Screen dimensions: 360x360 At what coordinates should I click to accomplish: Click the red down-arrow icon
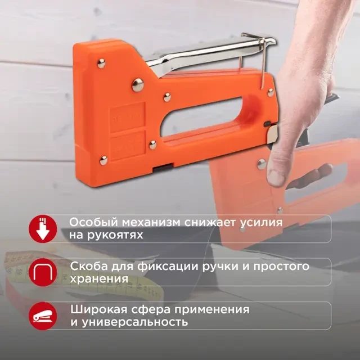[43, 229]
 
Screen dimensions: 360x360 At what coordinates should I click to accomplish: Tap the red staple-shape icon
[43, 272]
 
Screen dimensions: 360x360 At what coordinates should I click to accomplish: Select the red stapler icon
[43, 316]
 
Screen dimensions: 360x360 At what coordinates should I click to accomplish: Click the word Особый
[94, 223]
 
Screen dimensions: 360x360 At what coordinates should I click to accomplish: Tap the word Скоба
[89, 266]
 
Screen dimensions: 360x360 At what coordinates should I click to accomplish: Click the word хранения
[99, 279]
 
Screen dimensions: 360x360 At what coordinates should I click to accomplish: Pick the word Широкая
[99, 309]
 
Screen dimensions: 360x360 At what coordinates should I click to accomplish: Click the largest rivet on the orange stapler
[138, 85]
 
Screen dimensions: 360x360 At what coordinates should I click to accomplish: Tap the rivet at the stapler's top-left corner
[101, 64]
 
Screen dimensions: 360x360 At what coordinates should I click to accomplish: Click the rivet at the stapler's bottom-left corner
[103, 160]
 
